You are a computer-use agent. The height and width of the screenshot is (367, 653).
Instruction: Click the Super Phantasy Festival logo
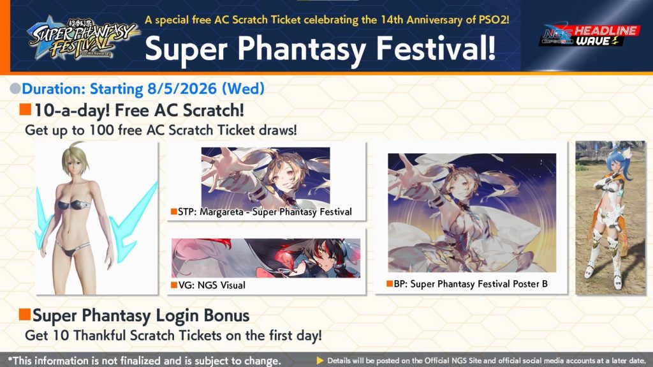tap(82, 38)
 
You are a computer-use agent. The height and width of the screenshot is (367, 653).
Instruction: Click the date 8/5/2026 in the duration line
tap(182, 89)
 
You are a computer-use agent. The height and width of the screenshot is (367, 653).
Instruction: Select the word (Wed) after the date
tap(243, 89)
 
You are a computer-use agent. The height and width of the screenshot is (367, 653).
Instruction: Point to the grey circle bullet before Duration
tap(15, 89)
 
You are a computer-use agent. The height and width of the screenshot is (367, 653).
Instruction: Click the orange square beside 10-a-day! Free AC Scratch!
tap(25, 109)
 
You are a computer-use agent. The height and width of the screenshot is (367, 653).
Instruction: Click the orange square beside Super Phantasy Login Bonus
tap(25, 315)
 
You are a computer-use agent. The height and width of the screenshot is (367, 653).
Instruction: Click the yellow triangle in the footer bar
tap(320, 361)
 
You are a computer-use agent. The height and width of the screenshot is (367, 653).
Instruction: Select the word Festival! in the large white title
tap(436, 48)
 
